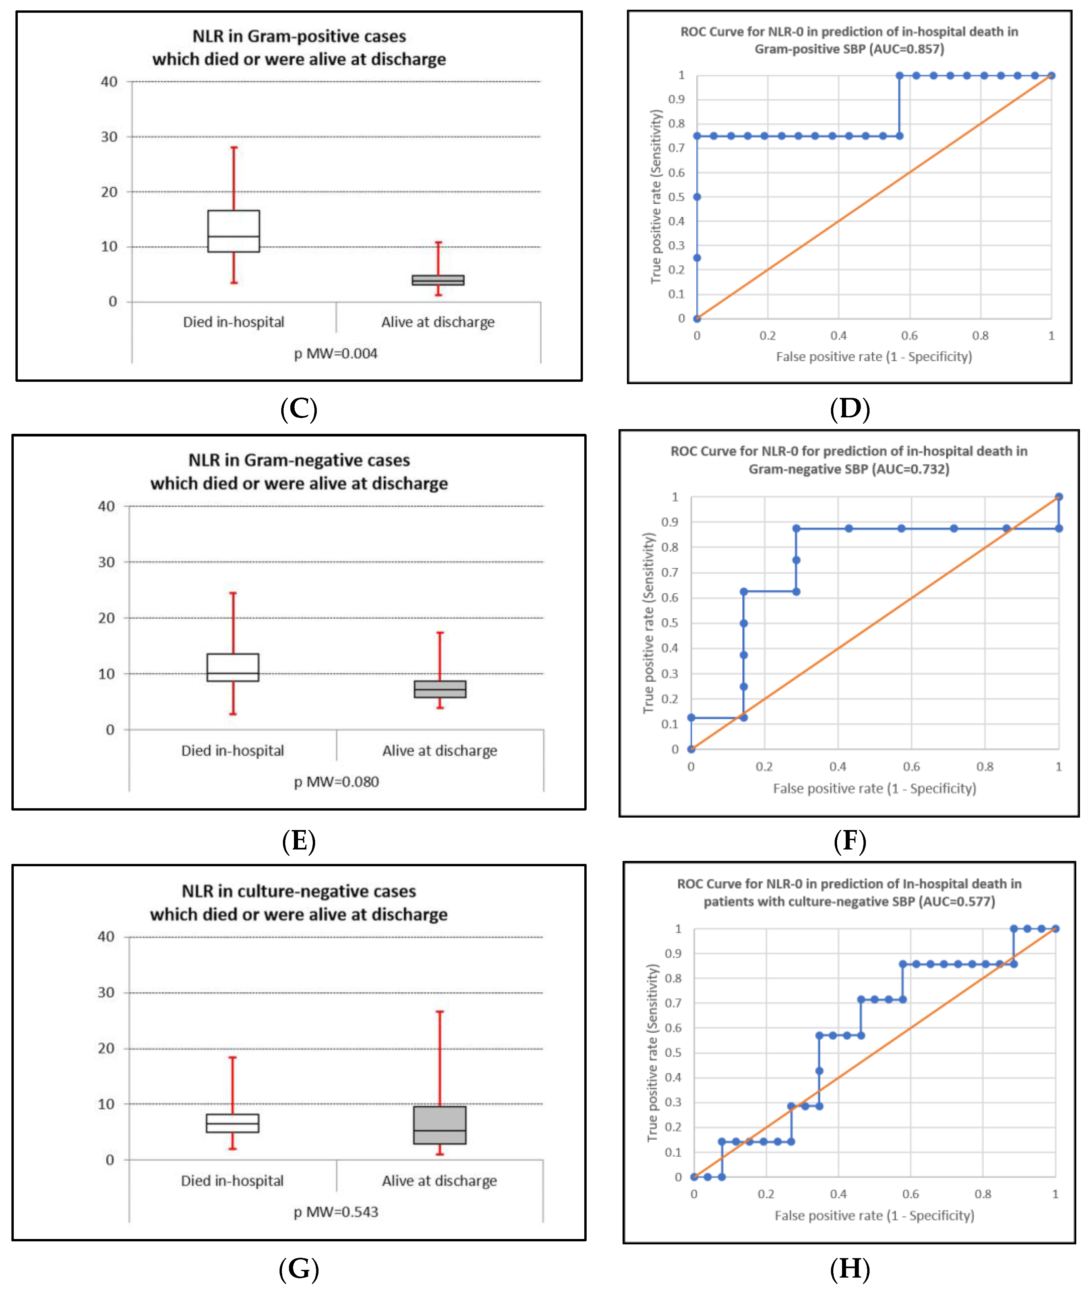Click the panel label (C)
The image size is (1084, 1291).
[x=299, y=409]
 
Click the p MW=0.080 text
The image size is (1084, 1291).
[x=336, y=782]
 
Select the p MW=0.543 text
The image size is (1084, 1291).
[x=336, y=1212]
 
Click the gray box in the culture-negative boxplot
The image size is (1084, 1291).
[x=440, y=1125]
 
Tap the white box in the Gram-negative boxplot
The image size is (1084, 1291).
[x=233, y=667]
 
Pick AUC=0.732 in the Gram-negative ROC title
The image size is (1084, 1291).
[x=913, y=469]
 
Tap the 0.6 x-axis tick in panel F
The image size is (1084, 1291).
[x=911, y=767]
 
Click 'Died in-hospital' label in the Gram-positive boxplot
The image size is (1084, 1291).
[x=234, y=322]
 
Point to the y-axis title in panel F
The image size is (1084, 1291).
[x=649, y=623]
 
